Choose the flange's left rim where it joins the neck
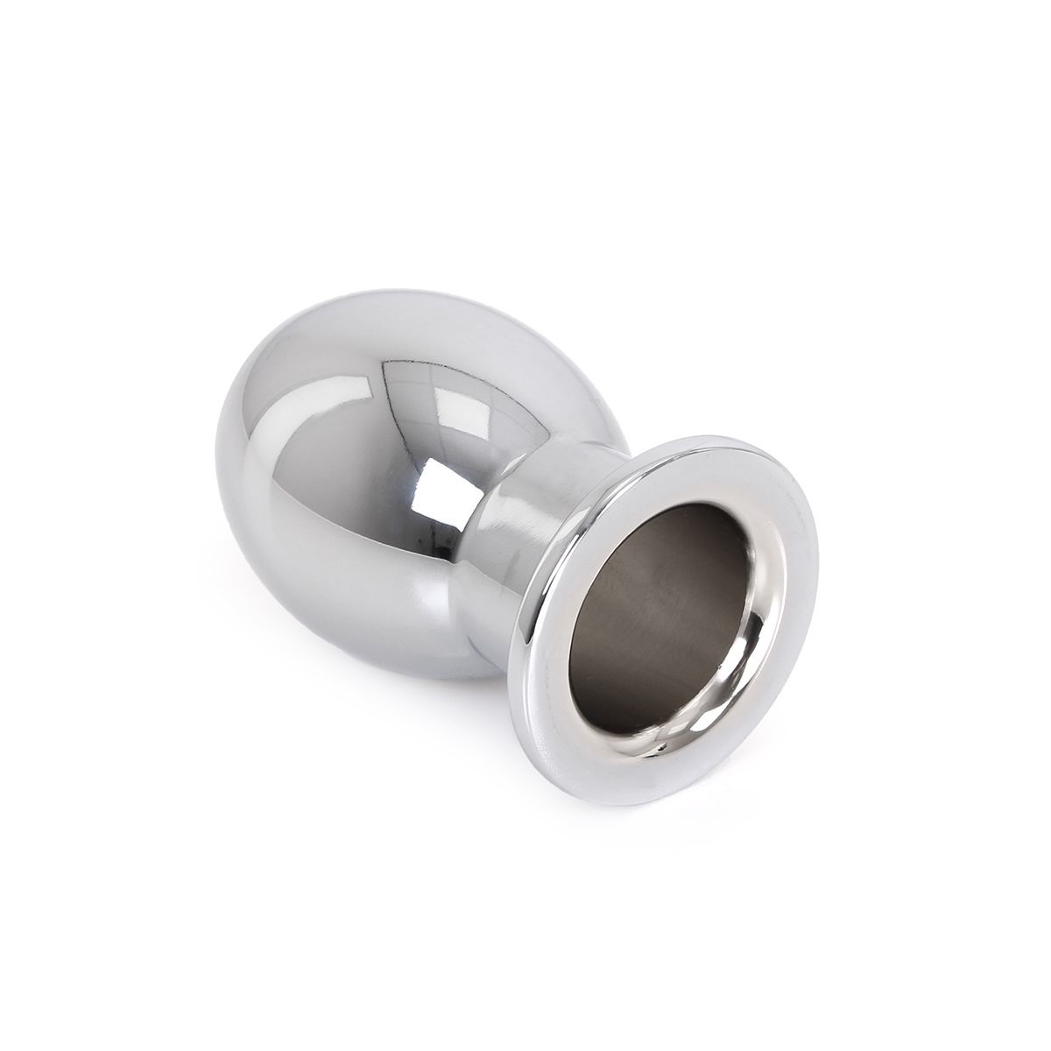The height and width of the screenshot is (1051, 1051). click(552, 613)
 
